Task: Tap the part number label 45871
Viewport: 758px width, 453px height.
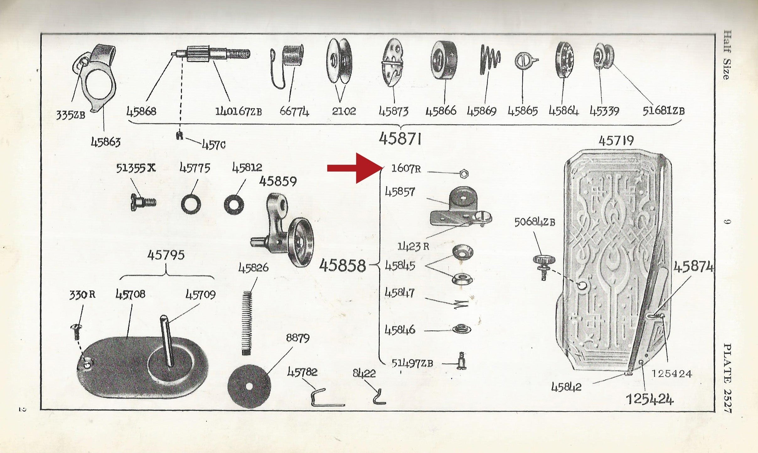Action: tap(400, 139)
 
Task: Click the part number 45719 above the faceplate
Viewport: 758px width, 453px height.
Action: tap(616, 141)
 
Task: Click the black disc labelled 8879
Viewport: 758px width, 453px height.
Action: tap(249, 386)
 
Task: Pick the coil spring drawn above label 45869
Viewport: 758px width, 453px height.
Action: tap(489, 60)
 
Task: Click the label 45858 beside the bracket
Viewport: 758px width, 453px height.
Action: tap(342, 266)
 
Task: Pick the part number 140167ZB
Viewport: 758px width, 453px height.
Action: tap(238, 111)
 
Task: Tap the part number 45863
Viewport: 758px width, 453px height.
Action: tap(106, 143)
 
